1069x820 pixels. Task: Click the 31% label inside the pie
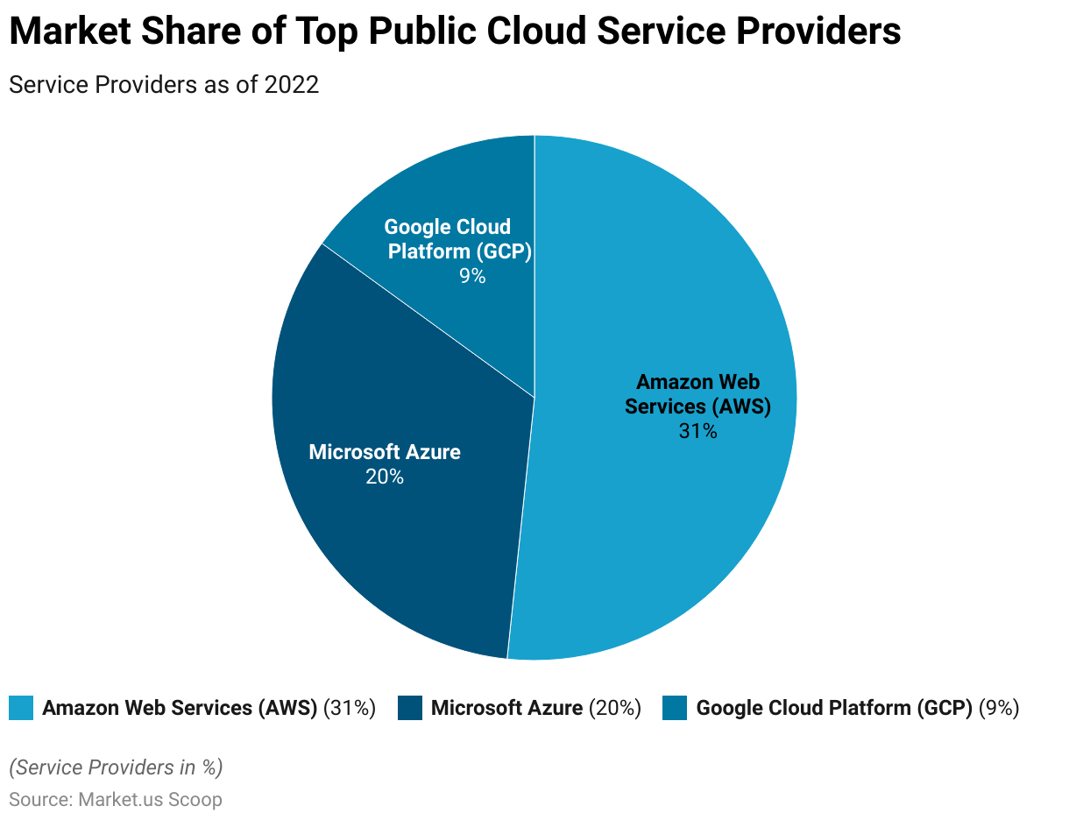click(697, 431)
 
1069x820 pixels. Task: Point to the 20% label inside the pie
click(385, 477)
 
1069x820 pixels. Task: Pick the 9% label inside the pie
click(471, 276)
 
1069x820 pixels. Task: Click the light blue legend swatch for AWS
click(21, 708)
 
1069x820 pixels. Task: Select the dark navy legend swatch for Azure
click(410, 708)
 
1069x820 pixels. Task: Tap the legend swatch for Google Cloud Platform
click(675, 708)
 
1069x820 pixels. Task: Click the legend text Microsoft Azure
click(506, 708)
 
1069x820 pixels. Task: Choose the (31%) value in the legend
click(350, 708)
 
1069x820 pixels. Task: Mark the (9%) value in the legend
click(999, 708)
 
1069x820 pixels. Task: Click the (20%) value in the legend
click(615, 708)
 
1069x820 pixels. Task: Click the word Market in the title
click(64, 32)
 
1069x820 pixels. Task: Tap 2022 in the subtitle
click(291, 85)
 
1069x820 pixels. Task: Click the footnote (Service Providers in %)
click(116, 767)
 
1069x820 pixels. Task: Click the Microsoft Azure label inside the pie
click(385, 452)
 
